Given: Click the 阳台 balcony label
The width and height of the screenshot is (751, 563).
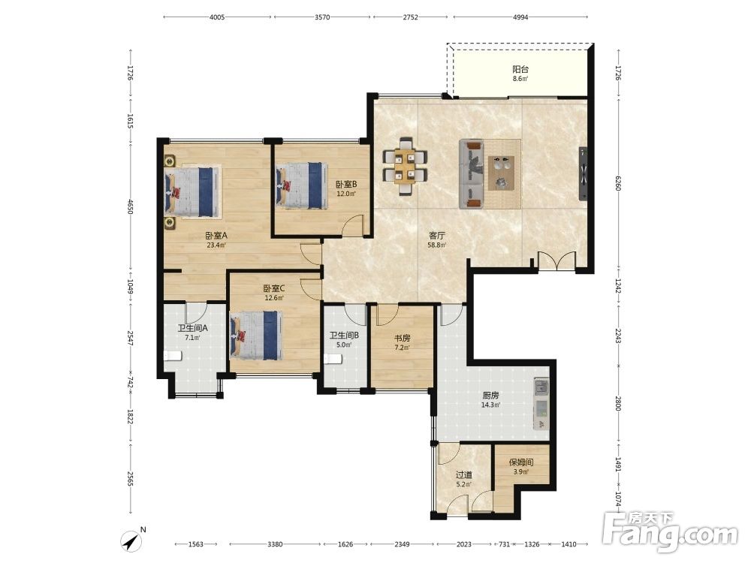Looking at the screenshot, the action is (x=520, y=69).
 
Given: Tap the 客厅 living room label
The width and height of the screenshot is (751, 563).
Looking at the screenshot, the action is (x=437, y=236).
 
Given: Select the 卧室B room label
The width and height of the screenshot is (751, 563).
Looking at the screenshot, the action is (x=345, y=185).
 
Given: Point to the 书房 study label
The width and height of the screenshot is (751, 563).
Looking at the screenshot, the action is (x=403, y=338).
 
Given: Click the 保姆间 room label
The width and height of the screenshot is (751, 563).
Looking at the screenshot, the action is (x=521, y=462).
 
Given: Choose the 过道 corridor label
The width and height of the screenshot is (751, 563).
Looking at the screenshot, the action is (x=463, y=475).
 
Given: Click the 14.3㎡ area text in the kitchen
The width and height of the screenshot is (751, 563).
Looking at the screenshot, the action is (x=491, y=405).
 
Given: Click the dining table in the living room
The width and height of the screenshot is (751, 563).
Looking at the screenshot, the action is (x=406, y=167).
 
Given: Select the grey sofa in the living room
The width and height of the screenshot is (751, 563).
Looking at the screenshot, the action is (x=471, y=174).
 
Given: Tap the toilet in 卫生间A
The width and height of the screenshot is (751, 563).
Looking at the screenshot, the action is (x=172, y=356).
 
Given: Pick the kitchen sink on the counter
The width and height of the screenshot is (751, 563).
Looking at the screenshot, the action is (x=541, y=387).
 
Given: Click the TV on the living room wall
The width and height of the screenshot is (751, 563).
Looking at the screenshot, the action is (x=584, y=173).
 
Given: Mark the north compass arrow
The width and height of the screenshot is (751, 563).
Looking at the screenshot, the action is (x=131, y=541).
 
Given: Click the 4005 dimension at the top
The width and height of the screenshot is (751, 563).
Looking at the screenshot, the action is (x=217, y=17).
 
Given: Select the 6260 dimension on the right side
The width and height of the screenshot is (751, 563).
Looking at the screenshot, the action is (x=618, y=183).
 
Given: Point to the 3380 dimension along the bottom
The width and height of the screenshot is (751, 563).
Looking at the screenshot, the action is (x=275, y=543).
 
